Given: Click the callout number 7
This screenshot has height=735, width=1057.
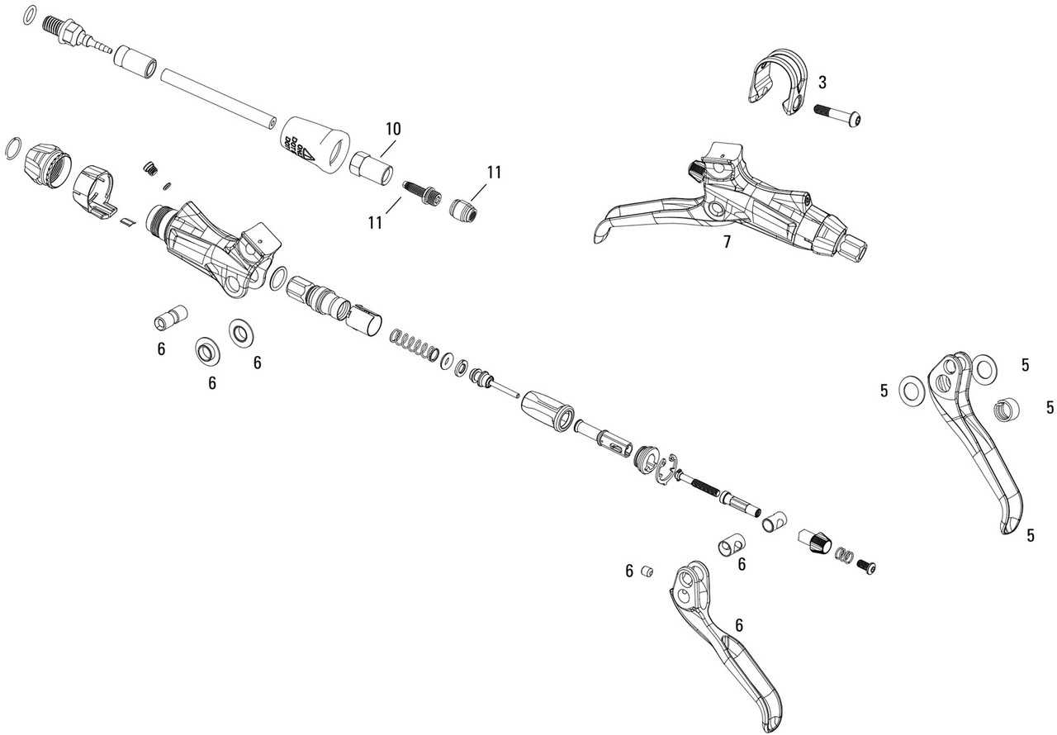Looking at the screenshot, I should coord(727,242).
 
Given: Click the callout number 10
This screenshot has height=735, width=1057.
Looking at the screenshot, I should coord(393,129).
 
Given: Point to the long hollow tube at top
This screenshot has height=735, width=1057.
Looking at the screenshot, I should coord(218,97).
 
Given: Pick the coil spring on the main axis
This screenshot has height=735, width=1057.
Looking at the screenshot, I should coord(413,345).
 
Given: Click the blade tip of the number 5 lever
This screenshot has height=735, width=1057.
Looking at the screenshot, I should coord(1010,526).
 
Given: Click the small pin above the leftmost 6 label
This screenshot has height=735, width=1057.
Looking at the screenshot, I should coord(170,318).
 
